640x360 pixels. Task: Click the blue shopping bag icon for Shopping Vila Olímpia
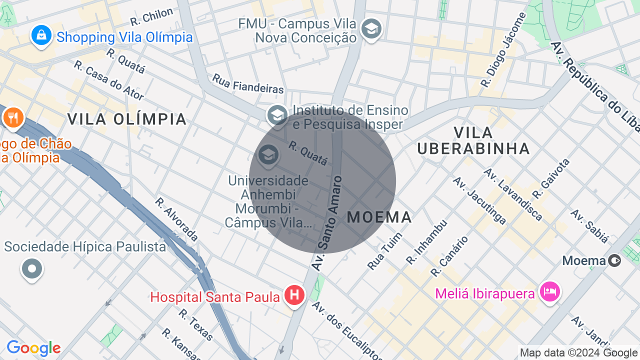tap(41, 35)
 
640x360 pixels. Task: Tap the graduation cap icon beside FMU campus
tap(371, 29)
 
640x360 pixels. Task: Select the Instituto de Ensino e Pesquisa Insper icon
tap(277, 115)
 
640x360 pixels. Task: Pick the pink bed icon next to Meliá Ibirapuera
tap(550, 291)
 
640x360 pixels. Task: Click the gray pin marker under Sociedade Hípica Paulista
tap(32, 269)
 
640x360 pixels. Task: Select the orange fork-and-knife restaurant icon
tap(12, 118)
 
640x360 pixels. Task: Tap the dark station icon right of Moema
tap(615, 260)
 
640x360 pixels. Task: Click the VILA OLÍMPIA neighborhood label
tap(127, 119)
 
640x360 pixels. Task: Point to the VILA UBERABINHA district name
tap(473, 140)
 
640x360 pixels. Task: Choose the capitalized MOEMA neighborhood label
tap(379, 217)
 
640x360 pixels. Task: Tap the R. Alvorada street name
tap(176, 219)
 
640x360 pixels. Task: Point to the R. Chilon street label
tap(151, 16)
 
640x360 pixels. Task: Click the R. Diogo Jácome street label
tap(503, 50)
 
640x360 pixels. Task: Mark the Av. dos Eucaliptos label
tap(347, 330)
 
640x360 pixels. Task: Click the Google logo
tap(33, 348)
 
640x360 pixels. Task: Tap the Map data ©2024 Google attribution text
tap(579, 352)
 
